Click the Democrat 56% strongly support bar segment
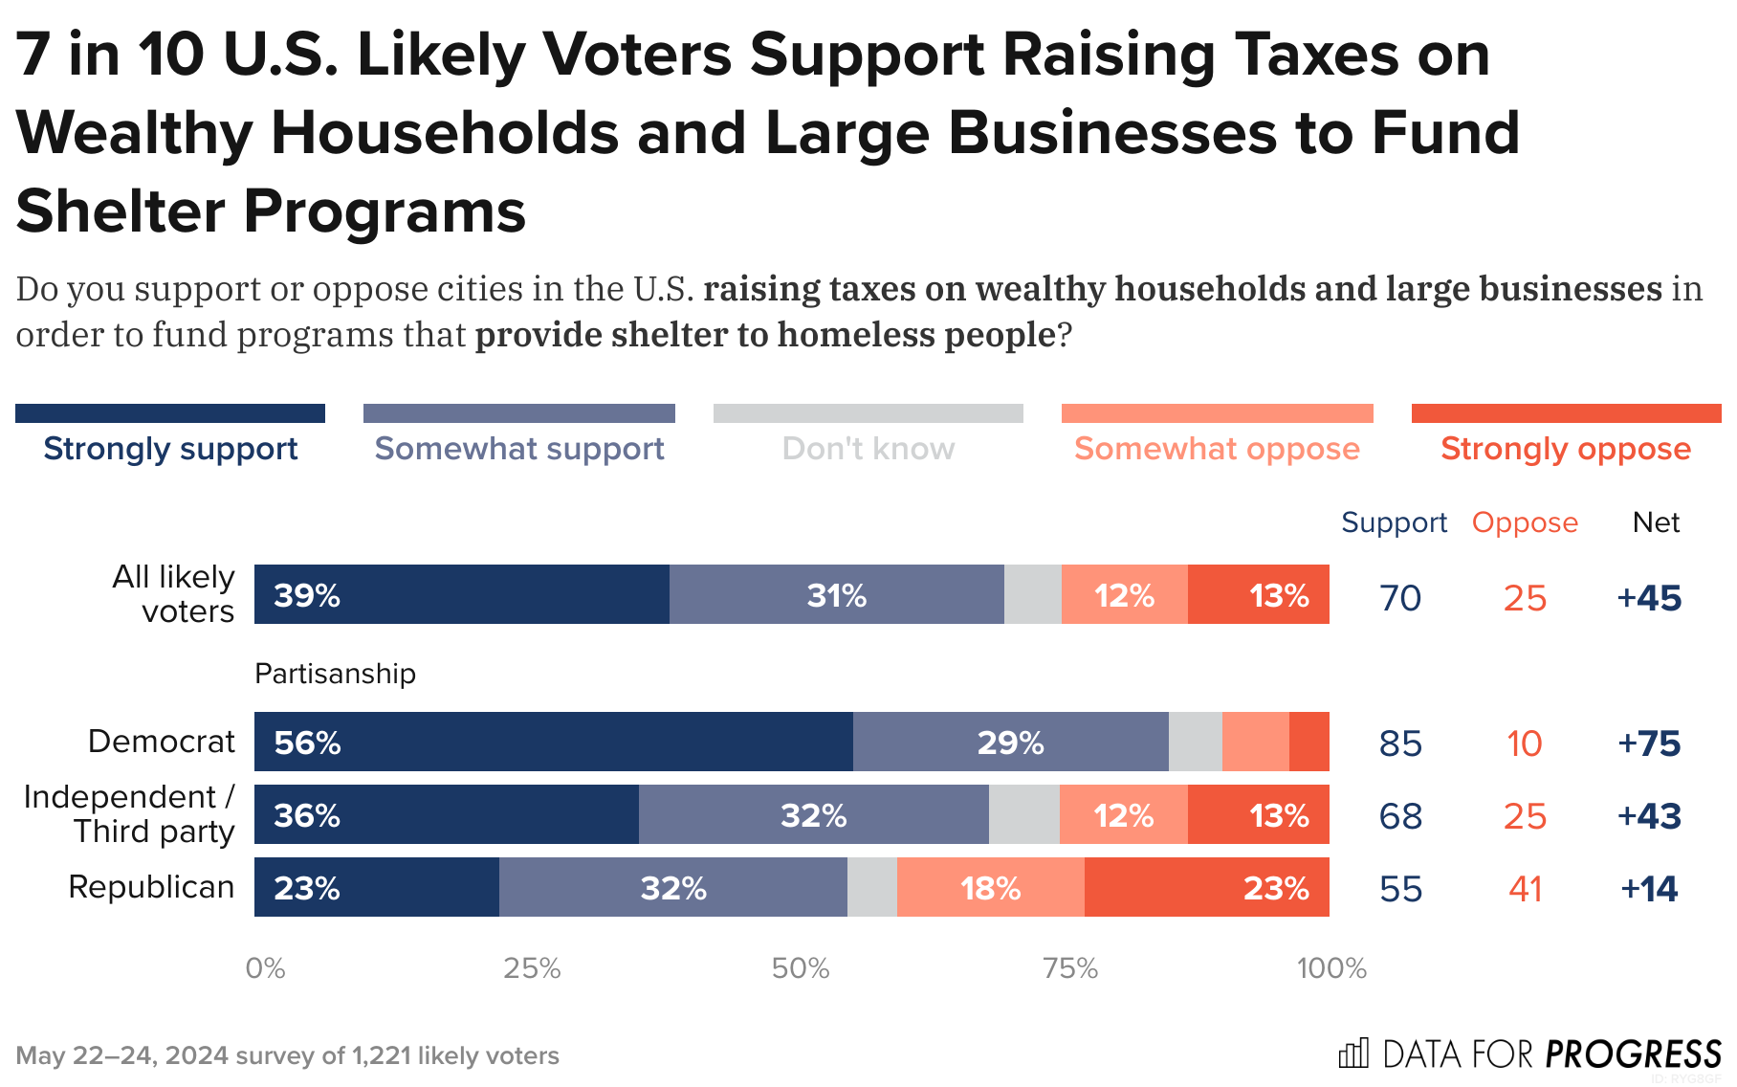point(553,742)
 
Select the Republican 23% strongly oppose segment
point(1206,887)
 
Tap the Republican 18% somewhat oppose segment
point(990,887)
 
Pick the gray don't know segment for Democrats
point(1195,742)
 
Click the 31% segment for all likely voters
point(836,594)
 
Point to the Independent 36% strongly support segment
point(446,814)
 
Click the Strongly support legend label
point(170,448)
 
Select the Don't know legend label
point(868,448)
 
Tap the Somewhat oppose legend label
point(1217,448)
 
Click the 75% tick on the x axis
point(1069,968)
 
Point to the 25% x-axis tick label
point(532,968)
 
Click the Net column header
point(1656,522)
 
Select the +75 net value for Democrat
point(1649,743)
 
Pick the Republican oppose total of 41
point(1525,889)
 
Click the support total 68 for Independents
point(1400,816)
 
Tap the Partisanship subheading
point(335,674)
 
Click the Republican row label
point(151,887)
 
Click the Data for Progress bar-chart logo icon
point(1353,1054)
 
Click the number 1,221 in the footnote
point(382,1055)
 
